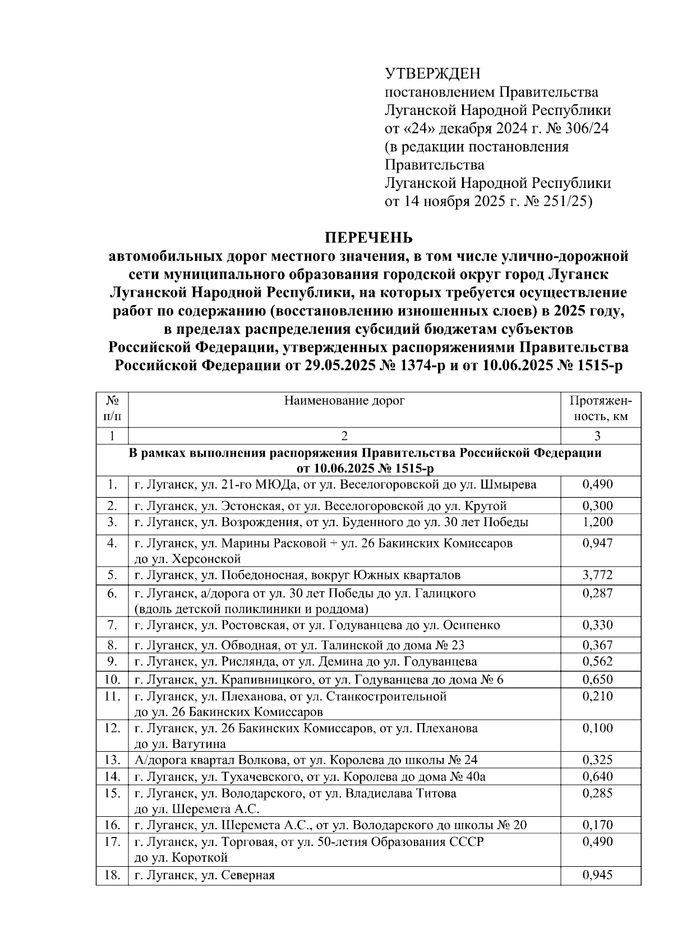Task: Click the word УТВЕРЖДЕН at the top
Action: point(432,73)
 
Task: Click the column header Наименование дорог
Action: point(344,401)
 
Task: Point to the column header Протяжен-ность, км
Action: point(600,408)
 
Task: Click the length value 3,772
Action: point(597,575)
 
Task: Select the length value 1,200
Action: point(597,522)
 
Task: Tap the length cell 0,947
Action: point(597,543)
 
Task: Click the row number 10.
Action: point(112,680)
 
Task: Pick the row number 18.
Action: point(112,875)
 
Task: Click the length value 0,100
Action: point(597,728)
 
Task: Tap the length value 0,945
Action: point(597,875)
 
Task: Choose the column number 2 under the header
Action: point(344,436)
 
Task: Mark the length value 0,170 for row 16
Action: point(597,825)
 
